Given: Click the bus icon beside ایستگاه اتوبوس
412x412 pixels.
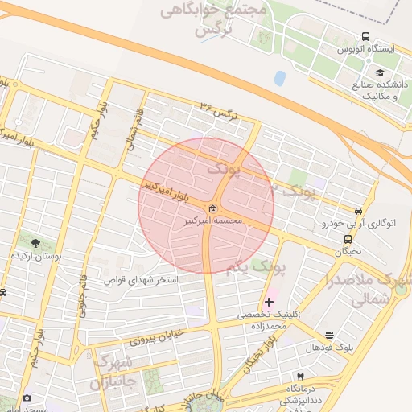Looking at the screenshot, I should tap(365, 36).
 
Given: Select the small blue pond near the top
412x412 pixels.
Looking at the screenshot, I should tap(279, 79).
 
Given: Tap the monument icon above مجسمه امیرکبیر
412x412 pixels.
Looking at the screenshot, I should tap(200, 209).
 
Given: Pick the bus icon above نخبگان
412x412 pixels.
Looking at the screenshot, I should tap(348, 239).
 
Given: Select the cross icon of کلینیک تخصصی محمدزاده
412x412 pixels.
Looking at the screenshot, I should tap(269, 302).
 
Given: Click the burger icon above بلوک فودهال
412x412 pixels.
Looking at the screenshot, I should tap(329, 335).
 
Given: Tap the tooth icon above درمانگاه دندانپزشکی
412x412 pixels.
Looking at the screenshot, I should tap(300, 377).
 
